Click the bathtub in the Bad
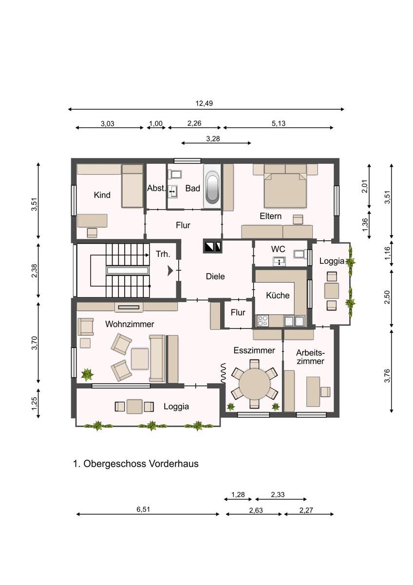point(212,186)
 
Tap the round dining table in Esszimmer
point(254,384)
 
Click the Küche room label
point(278,295)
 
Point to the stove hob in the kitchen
point(263,321)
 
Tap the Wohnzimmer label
point(130,324)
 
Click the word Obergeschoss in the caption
point(115,464)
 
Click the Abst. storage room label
point(156,188)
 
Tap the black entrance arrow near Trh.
point(170,271)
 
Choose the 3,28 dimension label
point(213,139)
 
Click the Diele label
point(215,276)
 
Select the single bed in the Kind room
point(132,186)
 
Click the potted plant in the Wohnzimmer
point(87,375)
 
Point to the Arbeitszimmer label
point(310,357)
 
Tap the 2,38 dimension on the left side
point(35,271)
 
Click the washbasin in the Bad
point(172,192)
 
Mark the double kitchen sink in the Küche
point(294,321)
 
